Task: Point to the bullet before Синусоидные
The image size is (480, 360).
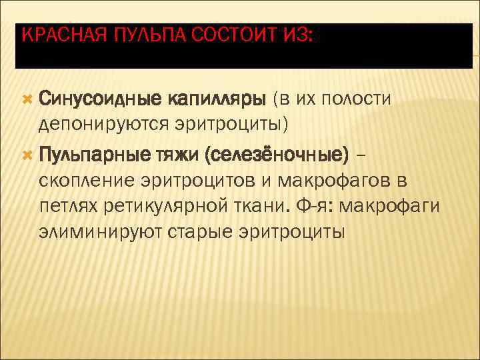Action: pos(27,99)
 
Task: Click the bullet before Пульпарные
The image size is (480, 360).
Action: pos(27,155)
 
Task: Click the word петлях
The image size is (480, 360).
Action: pos(69,207)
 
